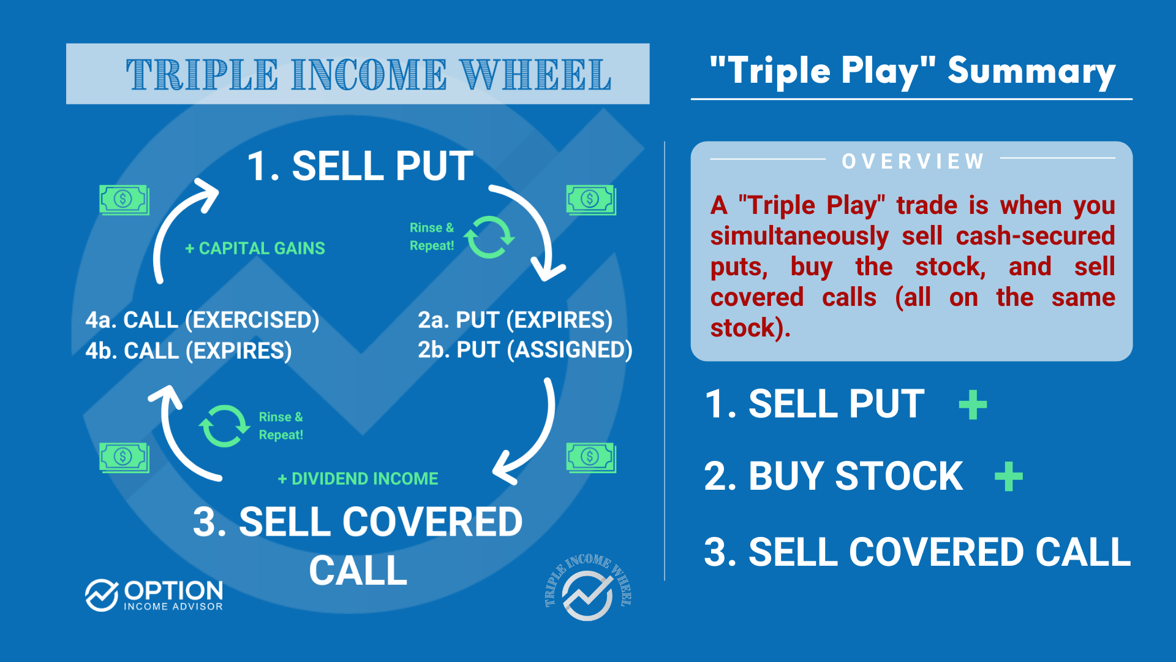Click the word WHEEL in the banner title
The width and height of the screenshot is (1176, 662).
tap(535, 75)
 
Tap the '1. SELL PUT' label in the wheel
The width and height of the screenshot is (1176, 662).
tap(360, 166)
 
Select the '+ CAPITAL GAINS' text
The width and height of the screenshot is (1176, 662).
tap(255, 248)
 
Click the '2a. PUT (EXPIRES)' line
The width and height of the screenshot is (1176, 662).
tap(514, 320)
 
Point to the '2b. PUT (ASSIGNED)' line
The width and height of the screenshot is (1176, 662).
tap(525, 350)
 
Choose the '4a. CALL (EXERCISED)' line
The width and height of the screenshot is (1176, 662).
tap(202, 320)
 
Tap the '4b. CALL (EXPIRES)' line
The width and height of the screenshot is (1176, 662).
tap(189, 351)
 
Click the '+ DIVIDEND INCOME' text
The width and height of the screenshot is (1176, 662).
tap(358, 479)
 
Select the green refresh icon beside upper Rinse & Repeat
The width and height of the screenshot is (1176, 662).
tap(489, 237)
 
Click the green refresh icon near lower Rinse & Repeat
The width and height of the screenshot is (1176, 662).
tap(224, 425)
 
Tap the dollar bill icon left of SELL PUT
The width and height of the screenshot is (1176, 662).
tap(124, 200)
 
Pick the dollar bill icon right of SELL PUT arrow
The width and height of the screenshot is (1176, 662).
tap(590, 200)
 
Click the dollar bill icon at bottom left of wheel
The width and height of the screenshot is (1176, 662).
tap(124, 457)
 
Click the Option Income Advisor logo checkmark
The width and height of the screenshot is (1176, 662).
tap(101, 595)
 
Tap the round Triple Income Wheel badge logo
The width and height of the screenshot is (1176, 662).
tap(587, 589)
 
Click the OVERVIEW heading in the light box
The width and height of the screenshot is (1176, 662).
tap(912, 161)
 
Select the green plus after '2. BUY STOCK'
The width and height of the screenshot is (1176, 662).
tap(1008, 477)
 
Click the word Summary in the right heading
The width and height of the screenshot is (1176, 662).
tap(1031, 72)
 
